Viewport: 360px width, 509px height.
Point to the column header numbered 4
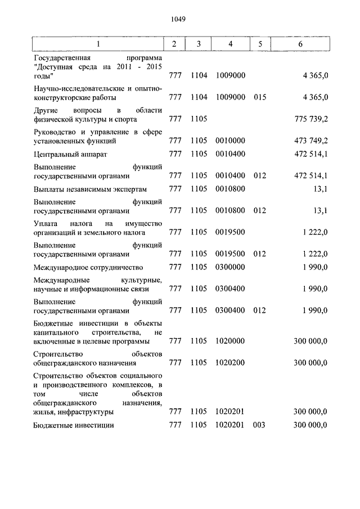(231, 44)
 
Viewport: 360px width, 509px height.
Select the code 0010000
(231, 141)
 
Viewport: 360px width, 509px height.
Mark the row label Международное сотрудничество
(88, 267)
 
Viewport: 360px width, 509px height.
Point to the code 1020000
(231, 341)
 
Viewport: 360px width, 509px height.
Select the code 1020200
(231, 363)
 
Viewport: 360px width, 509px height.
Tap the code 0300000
(231, 267)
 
